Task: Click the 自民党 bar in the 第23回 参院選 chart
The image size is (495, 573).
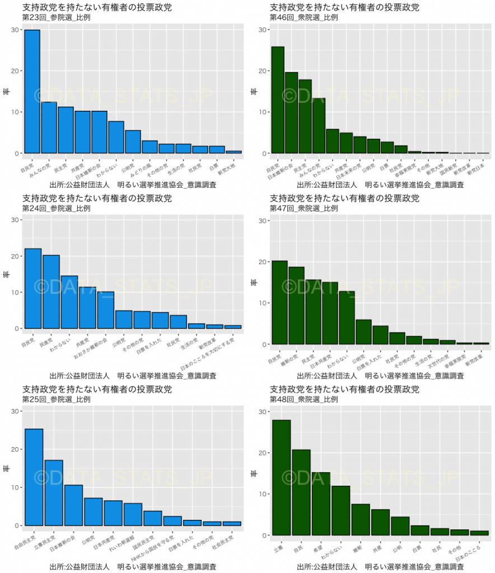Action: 32,92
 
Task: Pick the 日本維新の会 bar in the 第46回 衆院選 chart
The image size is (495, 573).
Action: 291,112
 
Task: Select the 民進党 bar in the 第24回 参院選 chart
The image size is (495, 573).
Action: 52,292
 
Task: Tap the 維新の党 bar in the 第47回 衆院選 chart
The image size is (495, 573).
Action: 296,306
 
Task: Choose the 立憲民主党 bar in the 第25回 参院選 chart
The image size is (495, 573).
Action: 53,493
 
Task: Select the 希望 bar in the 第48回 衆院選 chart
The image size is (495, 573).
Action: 321,504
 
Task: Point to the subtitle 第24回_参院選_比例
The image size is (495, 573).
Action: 56,208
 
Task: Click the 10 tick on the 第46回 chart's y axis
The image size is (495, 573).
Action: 261,112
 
